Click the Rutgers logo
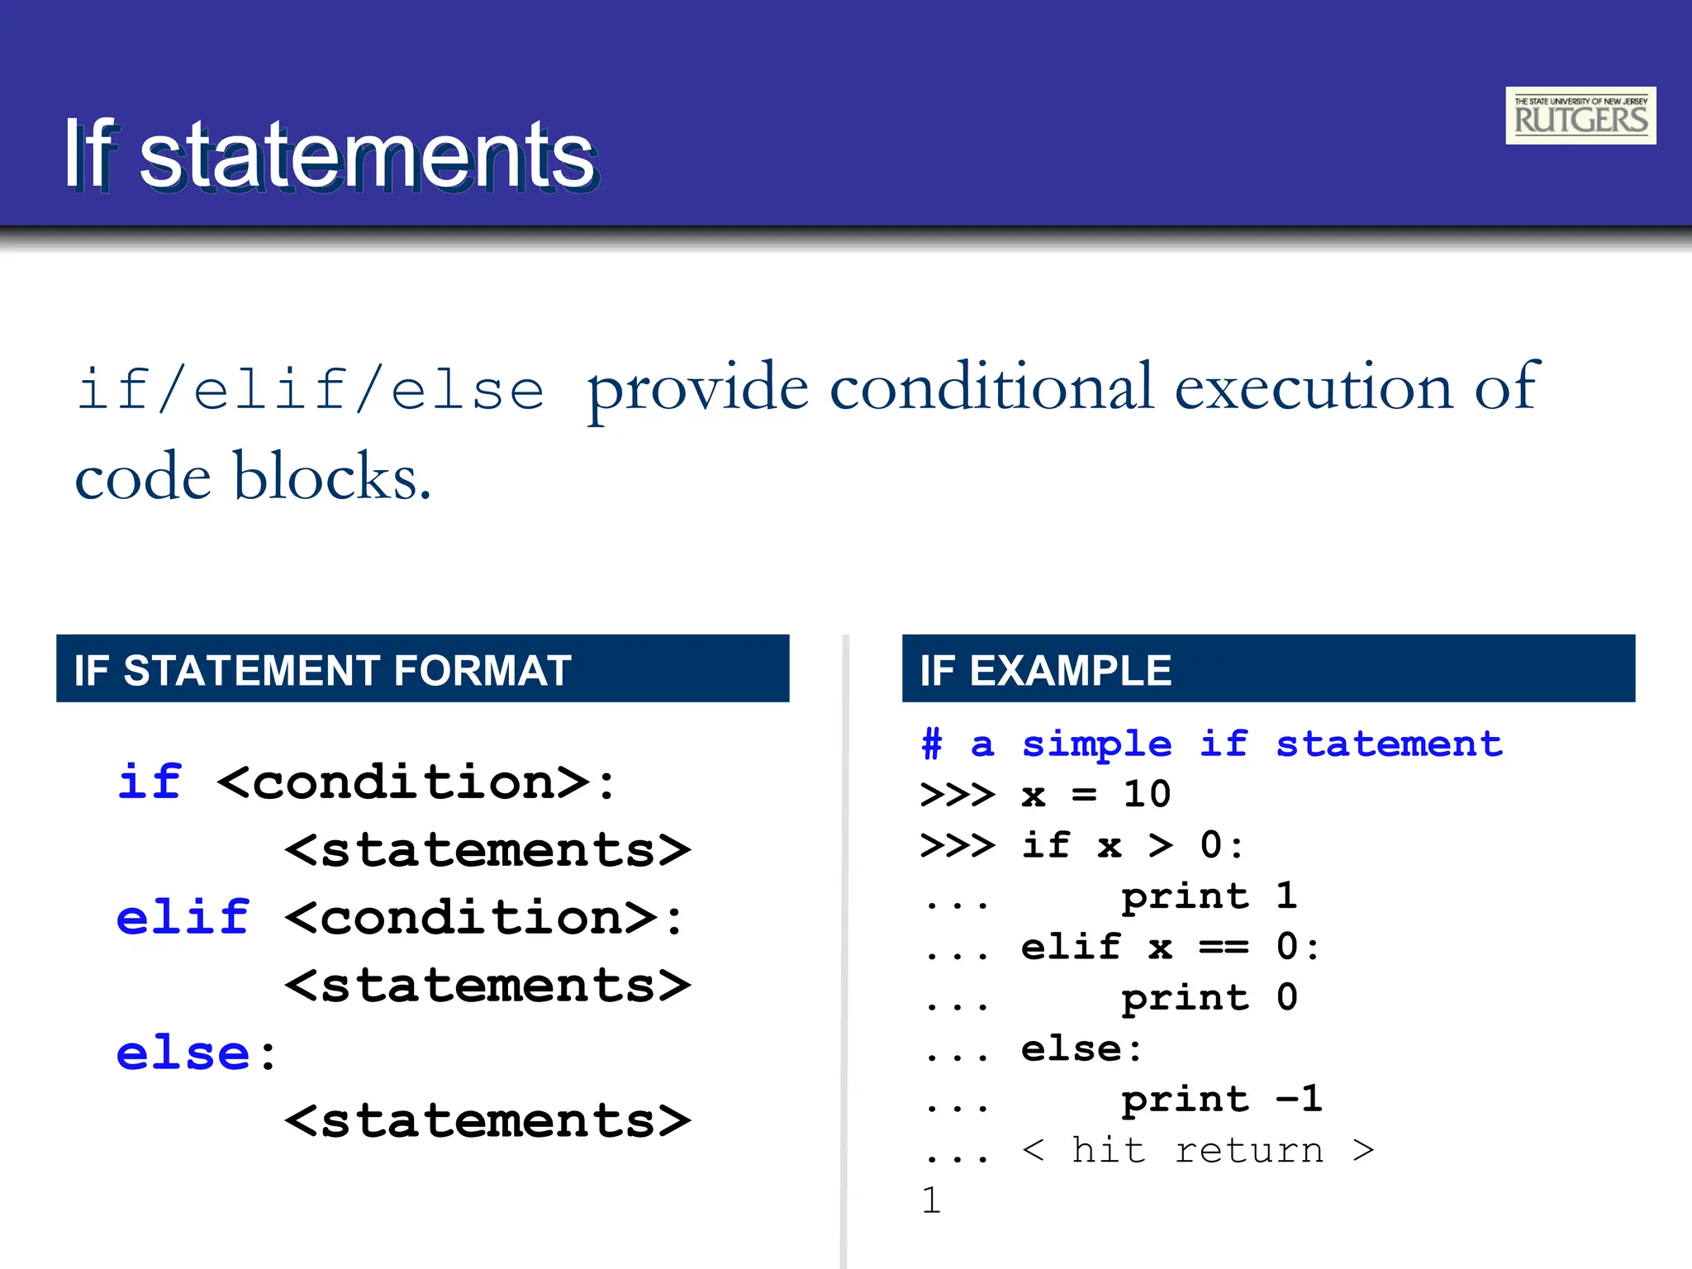1580,116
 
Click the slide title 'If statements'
330,154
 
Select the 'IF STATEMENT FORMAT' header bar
422,668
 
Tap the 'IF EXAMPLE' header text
1045,670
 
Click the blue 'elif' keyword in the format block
183,918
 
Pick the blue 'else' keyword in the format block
183,1053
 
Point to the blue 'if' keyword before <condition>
149,782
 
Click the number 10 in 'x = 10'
1147,795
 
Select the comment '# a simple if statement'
1211,744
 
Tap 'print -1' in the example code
1221,1100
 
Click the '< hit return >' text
1198,1150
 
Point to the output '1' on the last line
931,1200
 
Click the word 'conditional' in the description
991,387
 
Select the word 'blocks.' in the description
332,477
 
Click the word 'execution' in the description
1313,387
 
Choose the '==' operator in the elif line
1224,947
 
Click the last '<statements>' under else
487,1121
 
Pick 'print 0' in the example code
1209,998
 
